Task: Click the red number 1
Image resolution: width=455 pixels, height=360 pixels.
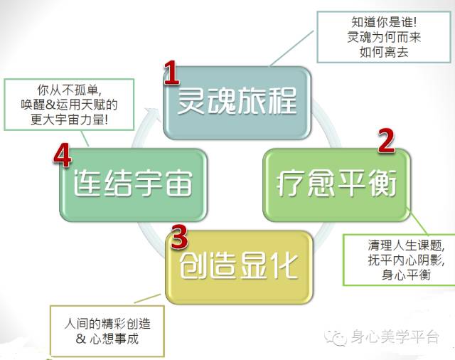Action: (x=172, y=73)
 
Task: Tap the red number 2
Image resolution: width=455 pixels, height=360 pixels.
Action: (x=385, y=141)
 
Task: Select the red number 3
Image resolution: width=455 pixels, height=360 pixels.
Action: (x=179, y=234)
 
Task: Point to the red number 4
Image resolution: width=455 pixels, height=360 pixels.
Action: (x=63, y=157)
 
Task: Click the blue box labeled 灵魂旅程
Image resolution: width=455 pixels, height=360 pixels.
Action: (x=236, y=104)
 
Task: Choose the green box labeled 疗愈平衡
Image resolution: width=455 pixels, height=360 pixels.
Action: (x=336, y=184)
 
